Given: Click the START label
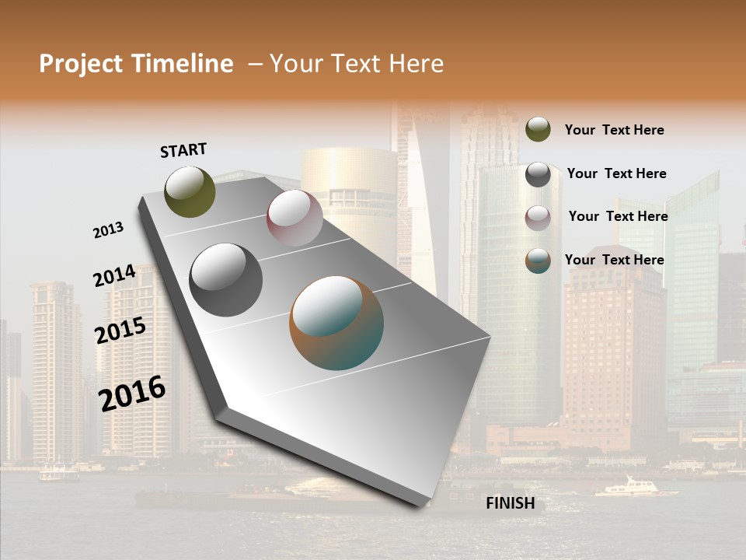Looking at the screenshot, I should point(183,150).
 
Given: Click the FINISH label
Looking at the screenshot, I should point(511,503).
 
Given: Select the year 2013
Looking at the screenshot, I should point(108,230).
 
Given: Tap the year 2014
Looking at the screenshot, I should point(114,276).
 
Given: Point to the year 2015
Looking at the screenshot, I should point(120,331).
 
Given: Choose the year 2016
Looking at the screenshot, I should point(132,393).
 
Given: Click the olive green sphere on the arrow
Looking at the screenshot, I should point(190,191).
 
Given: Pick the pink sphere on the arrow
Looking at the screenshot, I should point(295,218).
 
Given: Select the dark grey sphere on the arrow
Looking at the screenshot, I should point(226,280).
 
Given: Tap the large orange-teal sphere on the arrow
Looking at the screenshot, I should point(336,323).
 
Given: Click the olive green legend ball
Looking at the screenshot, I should point(538,129).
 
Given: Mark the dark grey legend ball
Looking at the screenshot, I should point(538,174).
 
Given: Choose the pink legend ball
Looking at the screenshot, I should point(538,218).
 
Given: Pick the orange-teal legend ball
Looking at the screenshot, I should point(538,261).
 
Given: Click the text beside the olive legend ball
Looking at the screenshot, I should point(614,130).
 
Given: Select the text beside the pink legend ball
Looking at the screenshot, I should point(618,216).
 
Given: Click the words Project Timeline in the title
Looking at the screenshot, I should point(136,64).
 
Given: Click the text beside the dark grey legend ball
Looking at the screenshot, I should point(616,173).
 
